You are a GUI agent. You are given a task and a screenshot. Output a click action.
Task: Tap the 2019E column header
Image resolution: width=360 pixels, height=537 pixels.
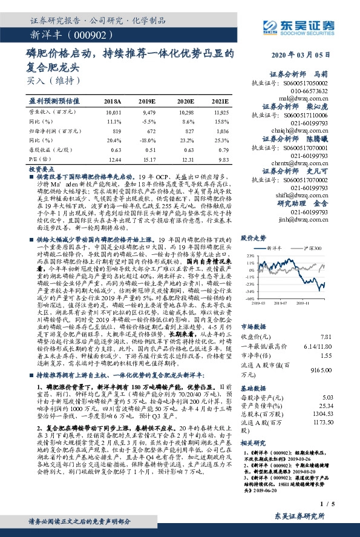point(147,101)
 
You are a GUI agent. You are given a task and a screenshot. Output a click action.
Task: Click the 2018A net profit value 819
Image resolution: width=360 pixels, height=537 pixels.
point(113,131)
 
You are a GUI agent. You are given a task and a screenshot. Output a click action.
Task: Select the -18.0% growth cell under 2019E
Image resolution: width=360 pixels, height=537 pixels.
point(147,140)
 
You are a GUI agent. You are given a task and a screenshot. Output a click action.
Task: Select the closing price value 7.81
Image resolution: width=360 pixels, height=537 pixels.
point(326,336)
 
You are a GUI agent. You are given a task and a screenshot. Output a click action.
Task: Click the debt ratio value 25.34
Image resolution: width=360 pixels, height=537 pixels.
point(326,404)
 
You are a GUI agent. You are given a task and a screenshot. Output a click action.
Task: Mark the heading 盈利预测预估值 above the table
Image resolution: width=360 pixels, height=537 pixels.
point(54,101)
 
